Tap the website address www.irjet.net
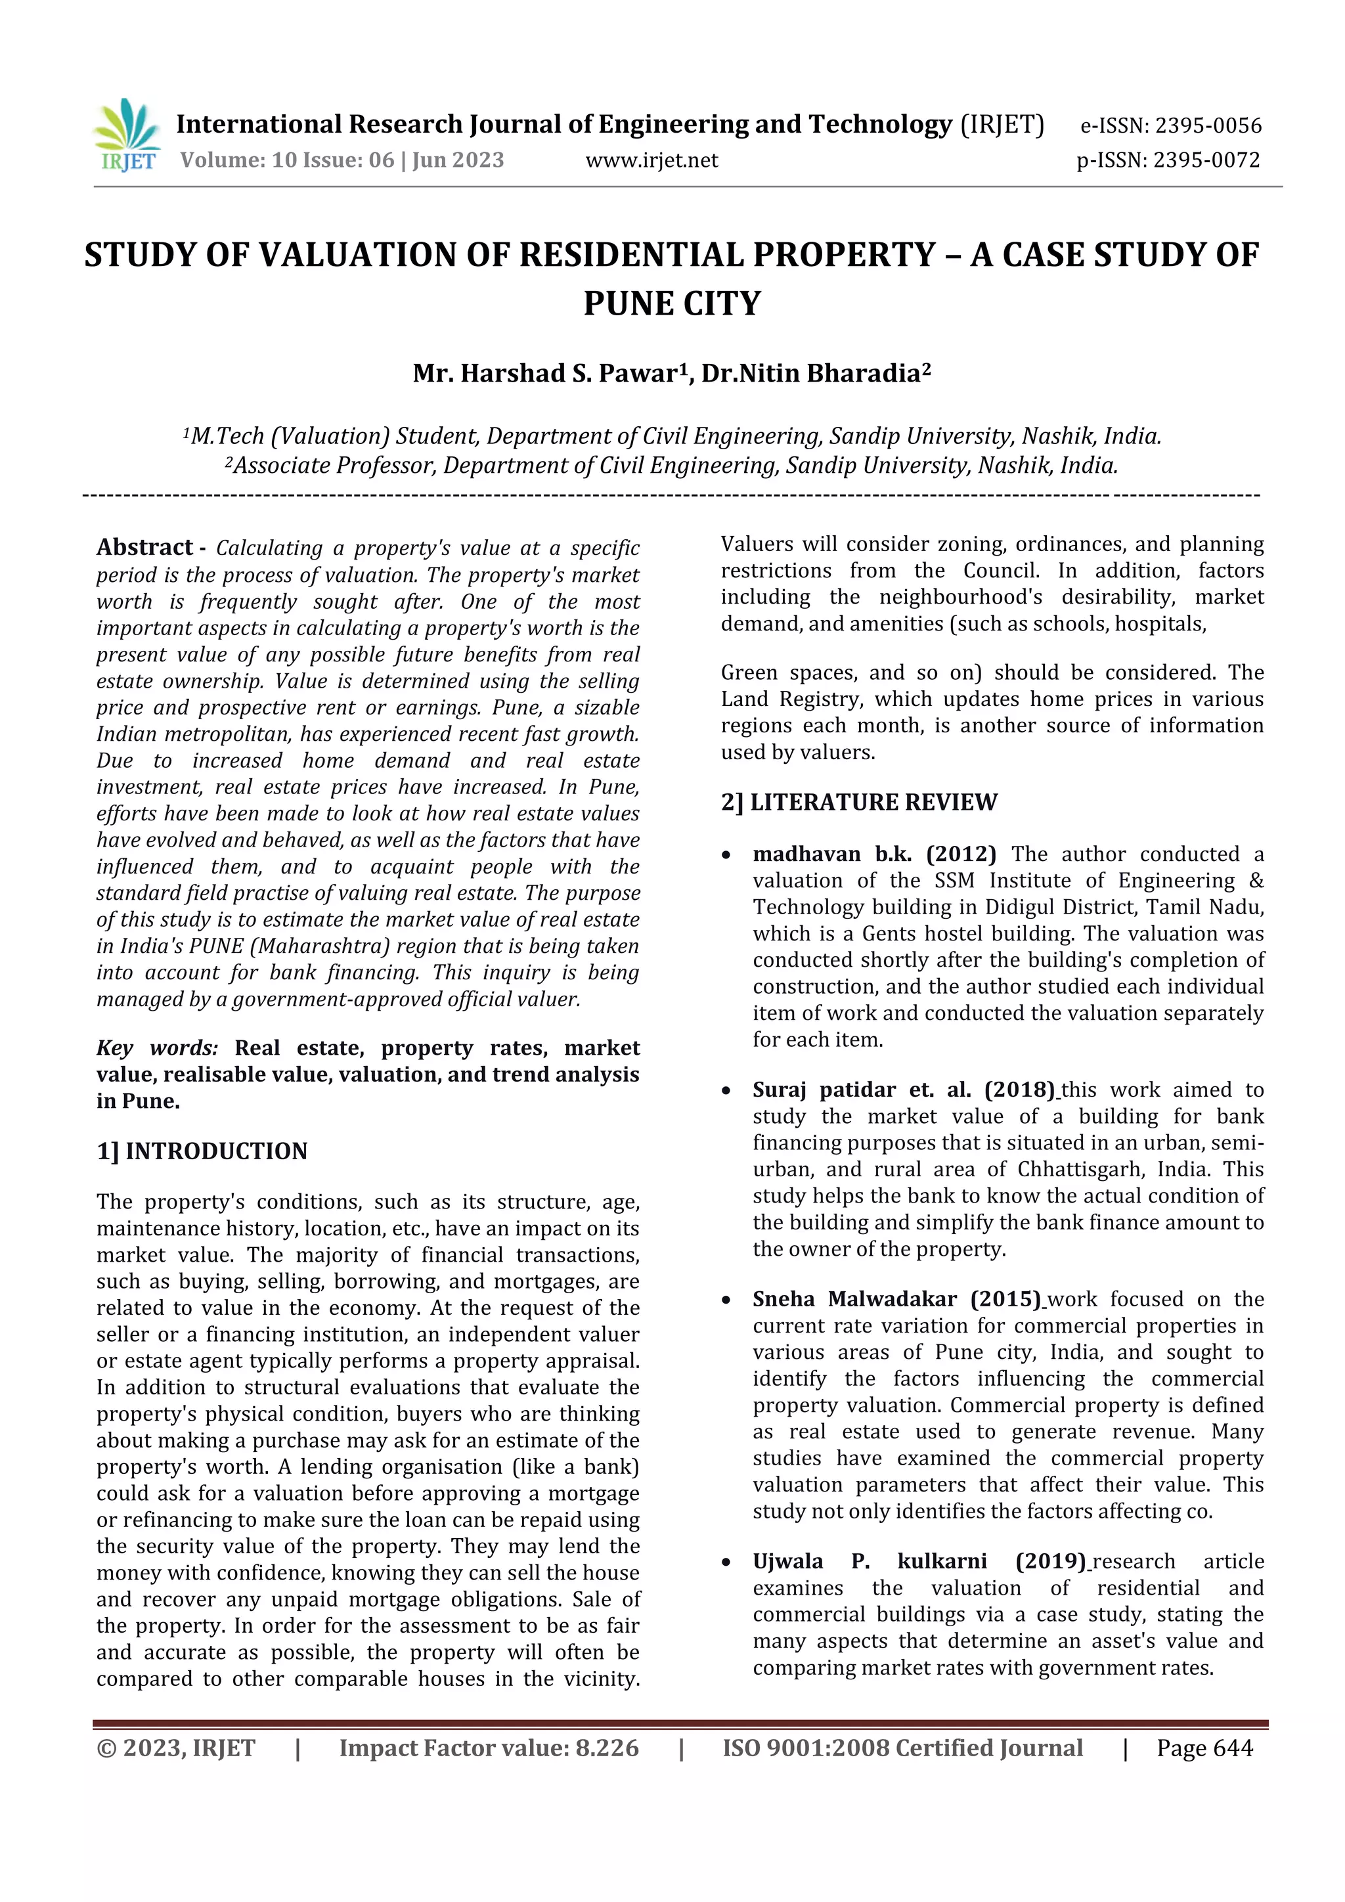[x=651, y=160]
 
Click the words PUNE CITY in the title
[x=672, y=303]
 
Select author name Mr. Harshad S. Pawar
[x=545, y=374]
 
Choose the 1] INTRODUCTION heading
[x=202, y=1151]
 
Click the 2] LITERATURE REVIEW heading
[x=859, y=802]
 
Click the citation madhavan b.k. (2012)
[x=873, y=854]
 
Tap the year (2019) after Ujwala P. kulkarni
[x=1049, y=1562]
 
